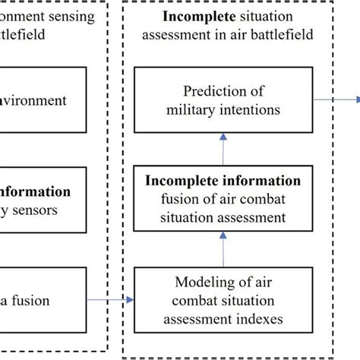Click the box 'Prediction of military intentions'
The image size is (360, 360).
(223, 100)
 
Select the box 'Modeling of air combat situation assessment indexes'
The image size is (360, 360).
(223, 301)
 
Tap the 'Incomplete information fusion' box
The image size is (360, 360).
(223, 200)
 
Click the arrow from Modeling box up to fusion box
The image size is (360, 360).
(223, 248)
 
